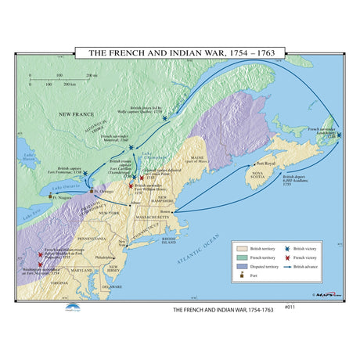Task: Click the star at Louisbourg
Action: click(339, 135)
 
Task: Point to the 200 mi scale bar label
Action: click(91, 75)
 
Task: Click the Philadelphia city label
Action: click(104, 257)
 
